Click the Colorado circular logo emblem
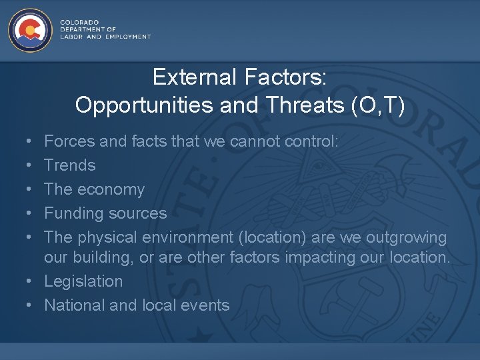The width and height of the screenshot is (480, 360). (29, 30)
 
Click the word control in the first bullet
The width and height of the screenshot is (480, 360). (313, 141)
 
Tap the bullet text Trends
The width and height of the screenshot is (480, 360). (70, 165)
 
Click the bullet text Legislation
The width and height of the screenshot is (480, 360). (83, 281)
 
